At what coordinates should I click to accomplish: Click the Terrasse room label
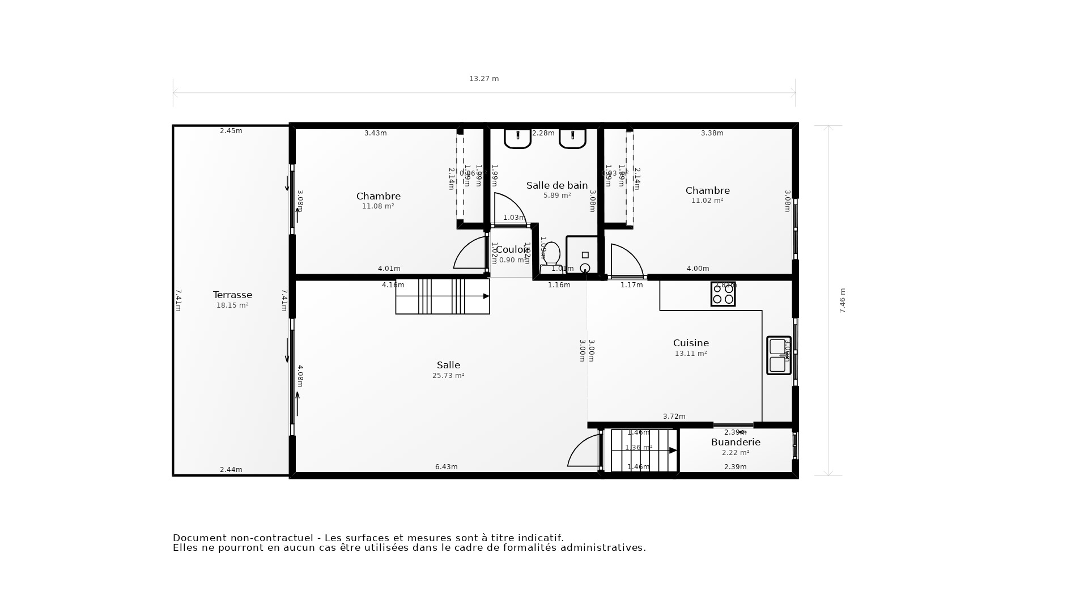232,295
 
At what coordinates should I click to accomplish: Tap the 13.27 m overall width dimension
484,79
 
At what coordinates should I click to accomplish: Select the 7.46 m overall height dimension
842,300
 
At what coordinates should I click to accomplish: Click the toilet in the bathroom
551,254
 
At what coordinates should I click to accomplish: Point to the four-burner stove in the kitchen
723,294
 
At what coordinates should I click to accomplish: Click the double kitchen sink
778,355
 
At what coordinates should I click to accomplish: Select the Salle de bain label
556,185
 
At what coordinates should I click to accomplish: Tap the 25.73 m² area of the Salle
448,376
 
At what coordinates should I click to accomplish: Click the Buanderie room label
736,442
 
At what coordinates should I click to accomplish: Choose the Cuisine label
691,343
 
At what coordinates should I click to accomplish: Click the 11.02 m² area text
707,201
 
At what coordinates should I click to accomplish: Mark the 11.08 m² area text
378,206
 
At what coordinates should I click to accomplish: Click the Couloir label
512,249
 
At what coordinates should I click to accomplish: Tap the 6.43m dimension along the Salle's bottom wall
446,467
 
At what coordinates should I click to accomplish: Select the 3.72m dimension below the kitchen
674,416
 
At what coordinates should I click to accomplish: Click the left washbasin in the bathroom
517,138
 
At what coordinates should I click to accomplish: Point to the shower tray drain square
585,255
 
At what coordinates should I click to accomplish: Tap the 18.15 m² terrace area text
232,305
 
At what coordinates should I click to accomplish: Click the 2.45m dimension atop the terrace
231,131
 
